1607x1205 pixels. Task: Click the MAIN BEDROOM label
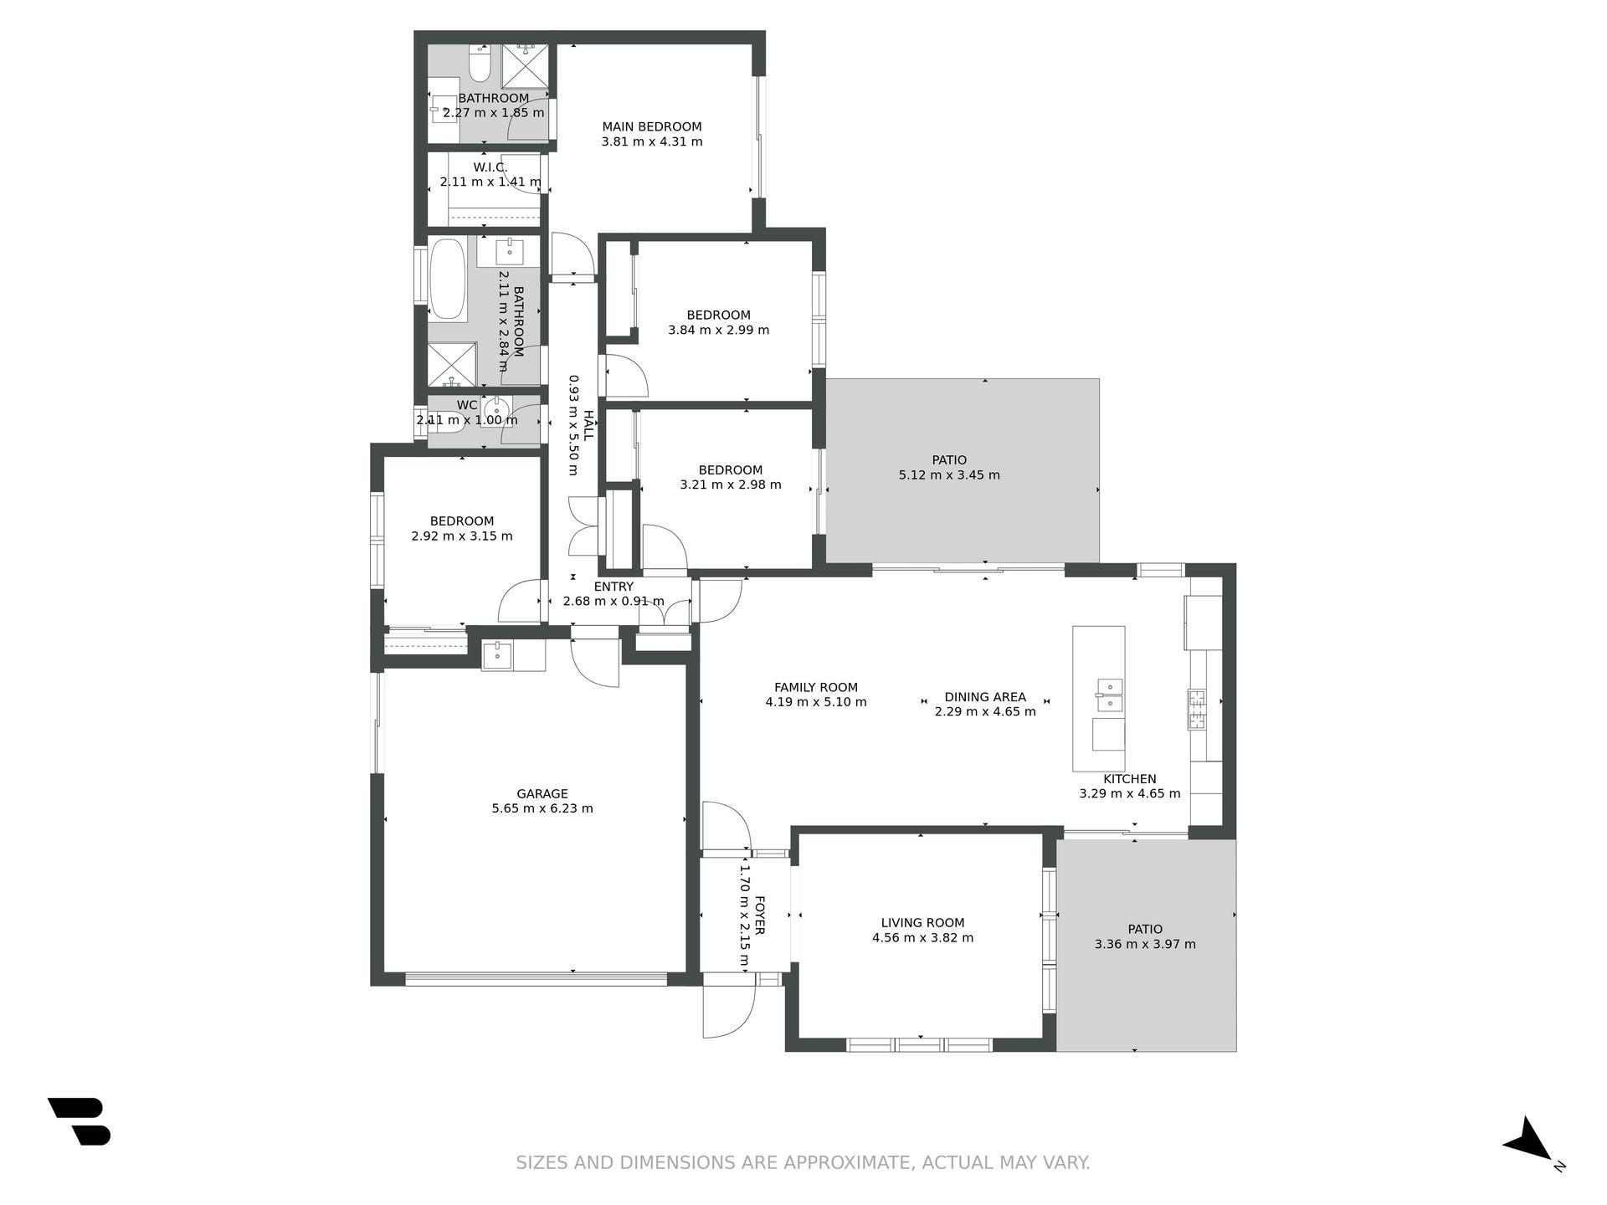pyautogui.click(x=652, y=127)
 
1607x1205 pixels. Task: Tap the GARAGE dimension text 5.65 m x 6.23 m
pyautogui.click(x=542, y=808)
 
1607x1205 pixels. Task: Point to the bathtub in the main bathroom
pyautogui.click(x=448, y=279)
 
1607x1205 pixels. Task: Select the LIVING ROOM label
pyautogui.click(x=922, y=923)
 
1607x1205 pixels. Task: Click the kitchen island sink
pyautogui.click(x=1110, y=695)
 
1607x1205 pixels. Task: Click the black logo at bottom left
pyautogui.click(x=80, y=1121)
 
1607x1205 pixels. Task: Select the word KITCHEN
pyautogui.click(x=1129, y=779)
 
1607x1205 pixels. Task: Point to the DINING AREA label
pyautogui.click(x=985, y=697)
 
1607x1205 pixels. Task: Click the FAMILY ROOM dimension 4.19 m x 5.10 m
pyautogui.click(x=816, y=702)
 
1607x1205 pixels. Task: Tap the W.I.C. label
pyautogui.click(x=490, y=167)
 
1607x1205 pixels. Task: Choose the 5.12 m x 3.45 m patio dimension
pyautogui.click(x=949, y=474)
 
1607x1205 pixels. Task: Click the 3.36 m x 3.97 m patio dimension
pyautogui.click(x=1145, y=944)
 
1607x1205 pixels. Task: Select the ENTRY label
pyautogui.click(x=614, y=587)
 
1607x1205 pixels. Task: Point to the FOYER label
pyautogui.click(x=760, y=915)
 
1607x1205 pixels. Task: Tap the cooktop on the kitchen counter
pyautogui.click(x=1196, y=710)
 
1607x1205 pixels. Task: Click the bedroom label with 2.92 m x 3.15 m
pyautogui.click(x=462, y=520)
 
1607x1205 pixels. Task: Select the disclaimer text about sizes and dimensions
pyautogui.click(x=803, y=1162)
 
